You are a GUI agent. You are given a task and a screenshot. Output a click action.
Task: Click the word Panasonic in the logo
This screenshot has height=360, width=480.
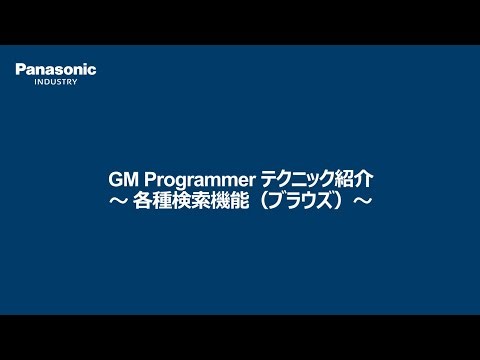click(x=56, y=69)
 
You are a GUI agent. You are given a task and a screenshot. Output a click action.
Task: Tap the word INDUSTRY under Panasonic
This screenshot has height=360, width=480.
click(x=56, y=82)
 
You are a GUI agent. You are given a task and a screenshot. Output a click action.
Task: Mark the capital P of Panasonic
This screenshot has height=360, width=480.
click(x=20, y=69)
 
